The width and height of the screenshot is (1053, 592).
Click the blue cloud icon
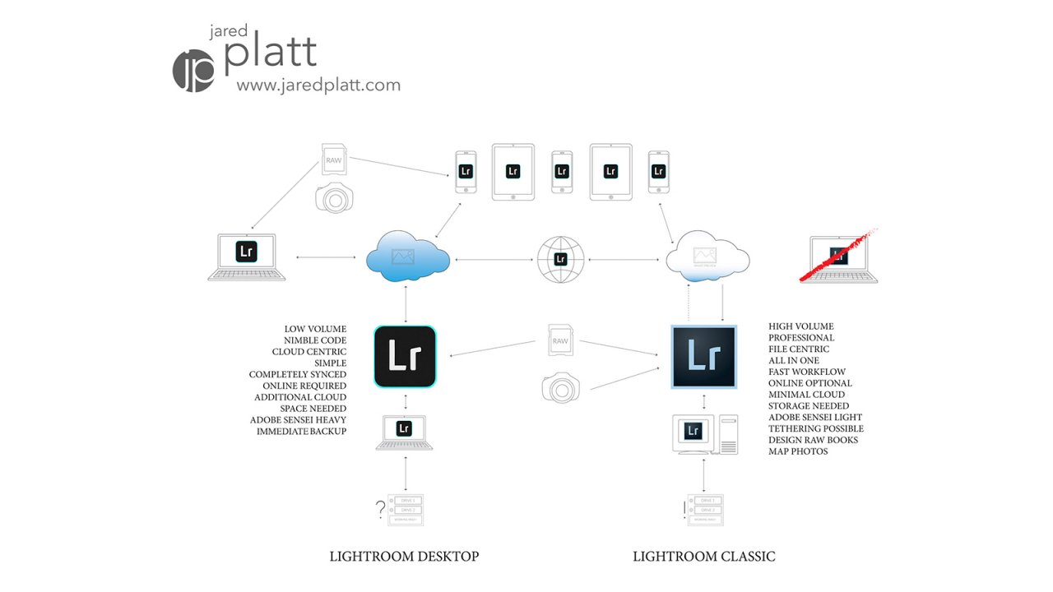407,257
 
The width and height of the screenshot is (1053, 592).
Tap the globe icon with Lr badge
560,258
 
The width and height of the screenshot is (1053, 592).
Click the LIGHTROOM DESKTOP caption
404,557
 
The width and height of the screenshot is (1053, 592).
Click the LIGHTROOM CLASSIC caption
703,557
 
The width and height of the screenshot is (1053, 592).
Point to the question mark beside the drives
380,510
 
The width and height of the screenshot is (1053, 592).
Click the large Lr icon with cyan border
405,357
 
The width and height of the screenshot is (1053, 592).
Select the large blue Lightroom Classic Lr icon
704,357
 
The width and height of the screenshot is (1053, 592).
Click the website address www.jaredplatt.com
318,85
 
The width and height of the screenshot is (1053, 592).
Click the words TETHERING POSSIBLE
816,428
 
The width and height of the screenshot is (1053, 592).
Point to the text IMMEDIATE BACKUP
301,431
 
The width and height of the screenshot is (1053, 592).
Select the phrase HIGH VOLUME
800,326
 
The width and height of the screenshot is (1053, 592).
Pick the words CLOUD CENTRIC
309,352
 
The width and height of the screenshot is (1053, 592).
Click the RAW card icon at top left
333,160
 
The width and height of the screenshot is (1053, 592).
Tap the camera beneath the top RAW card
332,197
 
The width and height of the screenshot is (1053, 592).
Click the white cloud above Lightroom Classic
707,257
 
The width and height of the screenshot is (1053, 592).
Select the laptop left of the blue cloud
247,257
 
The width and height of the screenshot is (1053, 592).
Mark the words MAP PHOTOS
798,451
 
